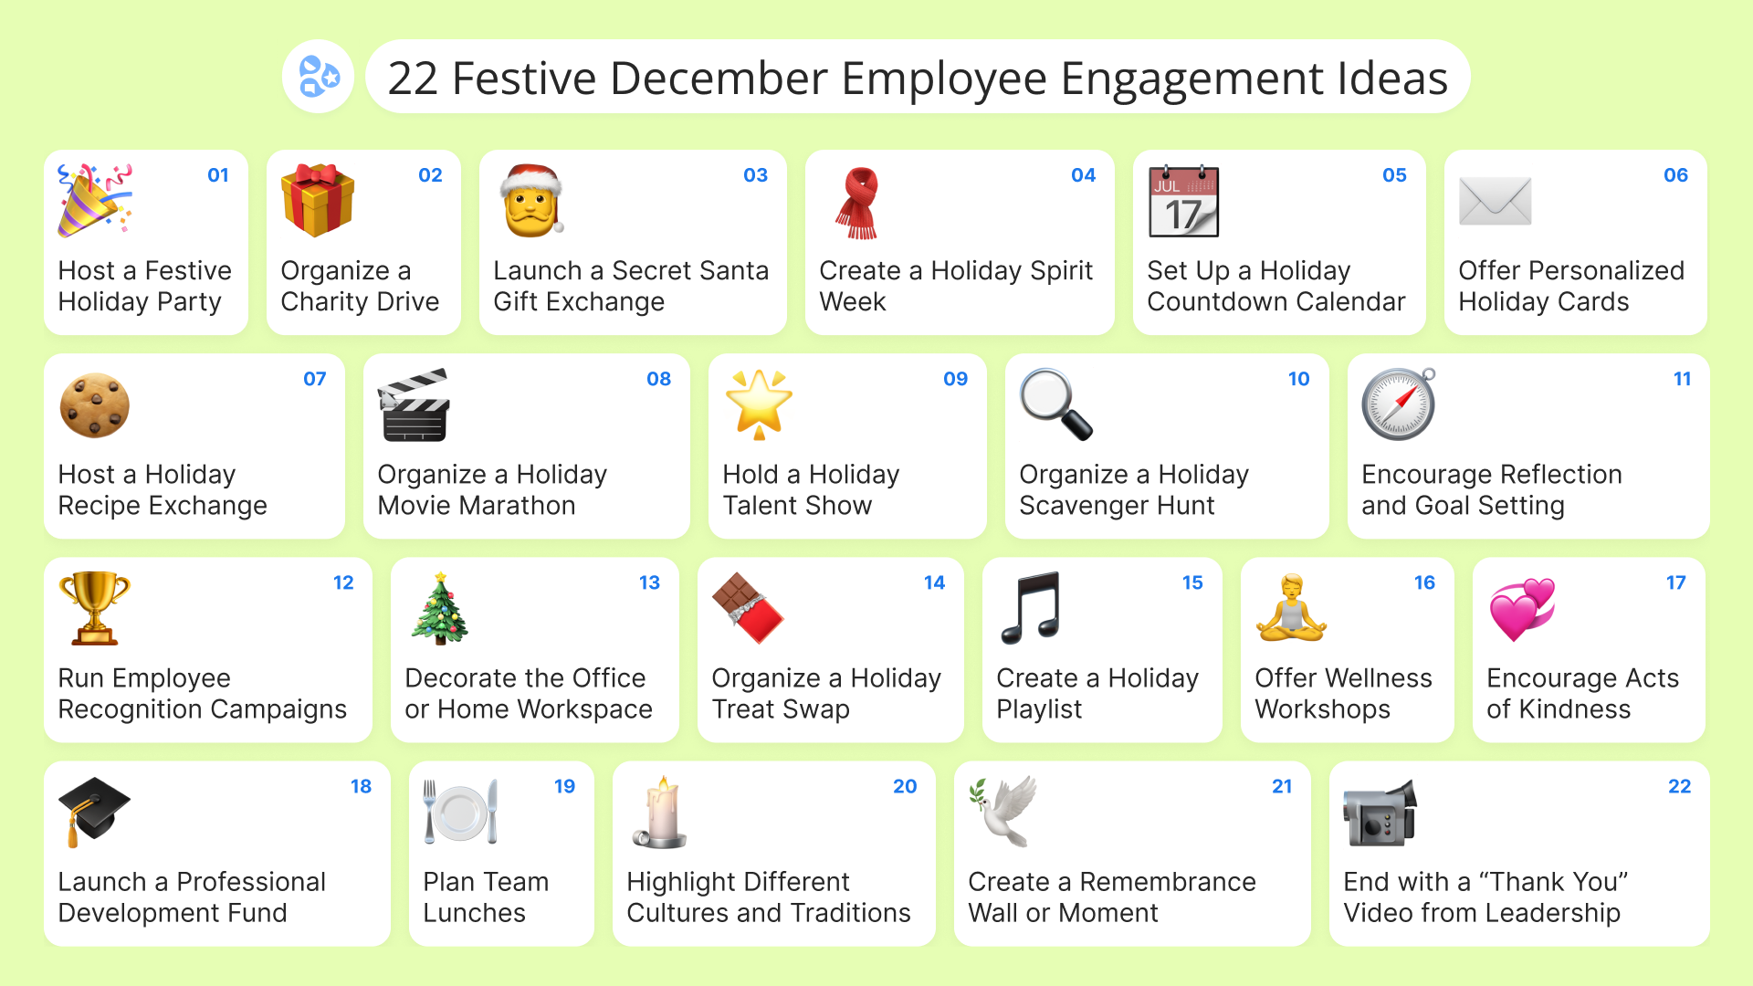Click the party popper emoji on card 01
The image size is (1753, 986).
[x=95, y=201]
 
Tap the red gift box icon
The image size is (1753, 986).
[x=318, y=201]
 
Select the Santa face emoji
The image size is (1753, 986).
[x=531, y=201]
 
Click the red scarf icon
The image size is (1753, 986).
[x=857, y=203]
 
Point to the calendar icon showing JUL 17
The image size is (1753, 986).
[x=1184, y=201]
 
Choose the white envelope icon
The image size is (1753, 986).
[x=1496, y=201]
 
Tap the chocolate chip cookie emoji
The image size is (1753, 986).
[x=95, y=405]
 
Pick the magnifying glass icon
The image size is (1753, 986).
[x=1056, y=404]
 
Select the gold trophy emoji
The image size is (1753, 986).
[x=95, y=609]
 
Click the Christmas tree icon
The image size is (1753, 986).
[x=440, y=609]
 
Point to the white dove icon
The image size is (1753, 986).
[x=1003, y=812]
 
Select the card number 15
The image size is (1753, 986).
[x=1192, y=582]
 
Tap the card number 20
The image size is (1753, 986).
[x=905, y=786]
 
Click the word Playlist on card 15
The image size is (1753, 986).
[x=1039, y=709]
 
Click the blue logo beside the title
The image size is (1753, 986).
[x=319, y=77]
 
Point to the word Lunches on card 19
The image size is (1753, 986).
[x=474, y=913]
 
